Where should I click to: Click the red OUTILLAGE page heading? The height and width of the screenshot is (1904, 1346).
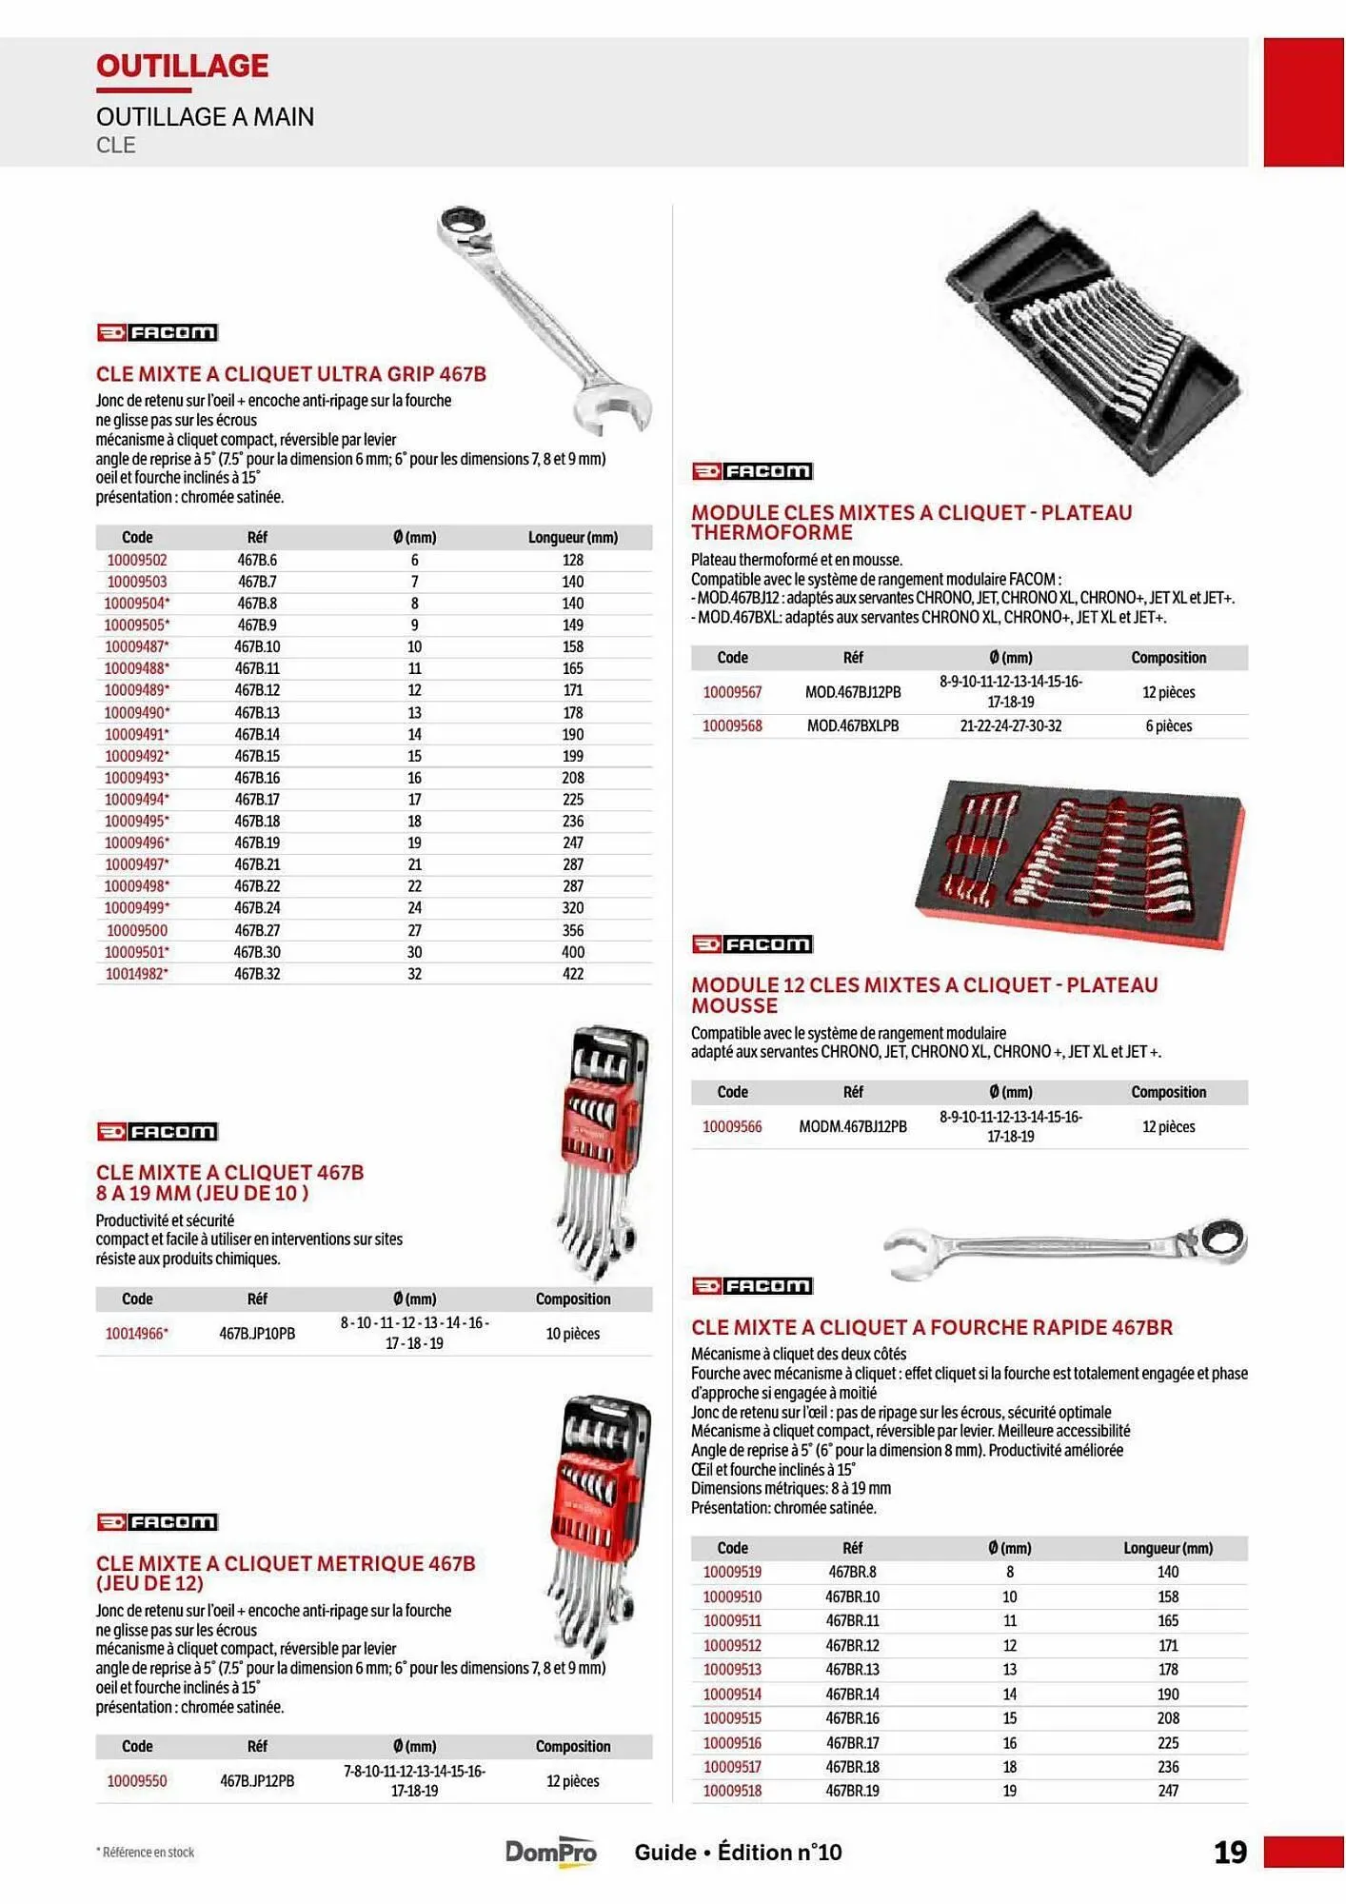click(182, 66)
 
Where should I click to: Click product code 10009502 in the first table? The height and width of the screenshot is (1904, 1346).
click(136, 560)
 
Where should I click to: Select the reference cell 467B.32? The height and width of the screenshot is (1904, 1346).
click(257, 973)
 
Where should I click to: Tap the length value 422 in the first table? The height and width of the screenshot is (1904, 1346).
click(572, 973)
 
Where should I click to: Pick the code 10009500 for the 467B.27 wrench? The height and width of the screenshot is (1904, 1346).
click(136, 930)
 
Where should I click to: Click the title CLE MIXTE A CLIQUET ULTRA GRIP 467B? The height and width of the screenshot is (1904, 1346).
click(290, 374)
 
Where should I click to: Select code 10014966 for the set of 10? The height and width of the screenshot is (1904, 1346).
click(136, 1333)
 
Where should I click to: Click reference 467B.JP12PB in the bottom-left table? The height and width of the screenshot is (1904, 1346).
click(257, 1780)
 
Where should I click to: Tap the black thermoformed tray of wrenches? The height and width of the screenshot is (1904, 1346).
click(1095, 343)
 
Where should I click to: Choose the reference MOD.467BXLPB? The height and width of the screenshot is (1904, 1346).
click(853, 725)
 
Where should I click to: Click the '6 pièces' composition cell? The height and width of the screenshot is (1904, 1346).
click(1168, 725)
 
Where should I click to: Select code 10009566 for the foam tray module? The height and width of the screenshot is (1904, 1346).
click(732, 1126)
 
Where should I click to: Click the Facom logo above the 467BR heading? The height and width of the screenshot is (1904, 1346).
click(752, 1286)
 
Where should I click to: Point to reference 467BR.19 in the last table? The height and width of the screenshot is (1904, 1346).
click(852, 1791)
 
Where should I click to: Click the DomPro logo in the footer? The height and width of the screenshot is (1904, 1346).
click(550, 1852)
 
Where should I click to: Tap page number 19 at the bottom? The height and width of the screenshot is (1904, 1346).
click(1230, 1852)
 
